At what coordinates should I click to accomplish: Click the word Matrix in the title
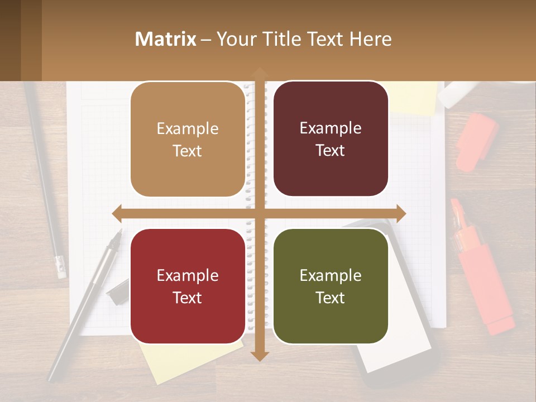[166, 39]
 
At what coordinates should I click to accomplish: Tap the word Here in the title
[371, 39]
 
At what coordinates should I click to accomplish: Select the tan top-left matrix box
[188, 140]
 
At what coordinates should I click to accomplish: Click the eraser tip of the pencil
[61, 268]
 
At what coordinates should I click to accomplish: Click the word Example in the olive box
[331, 275]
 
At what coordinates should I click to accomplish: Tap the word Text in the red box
[188, 298]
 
